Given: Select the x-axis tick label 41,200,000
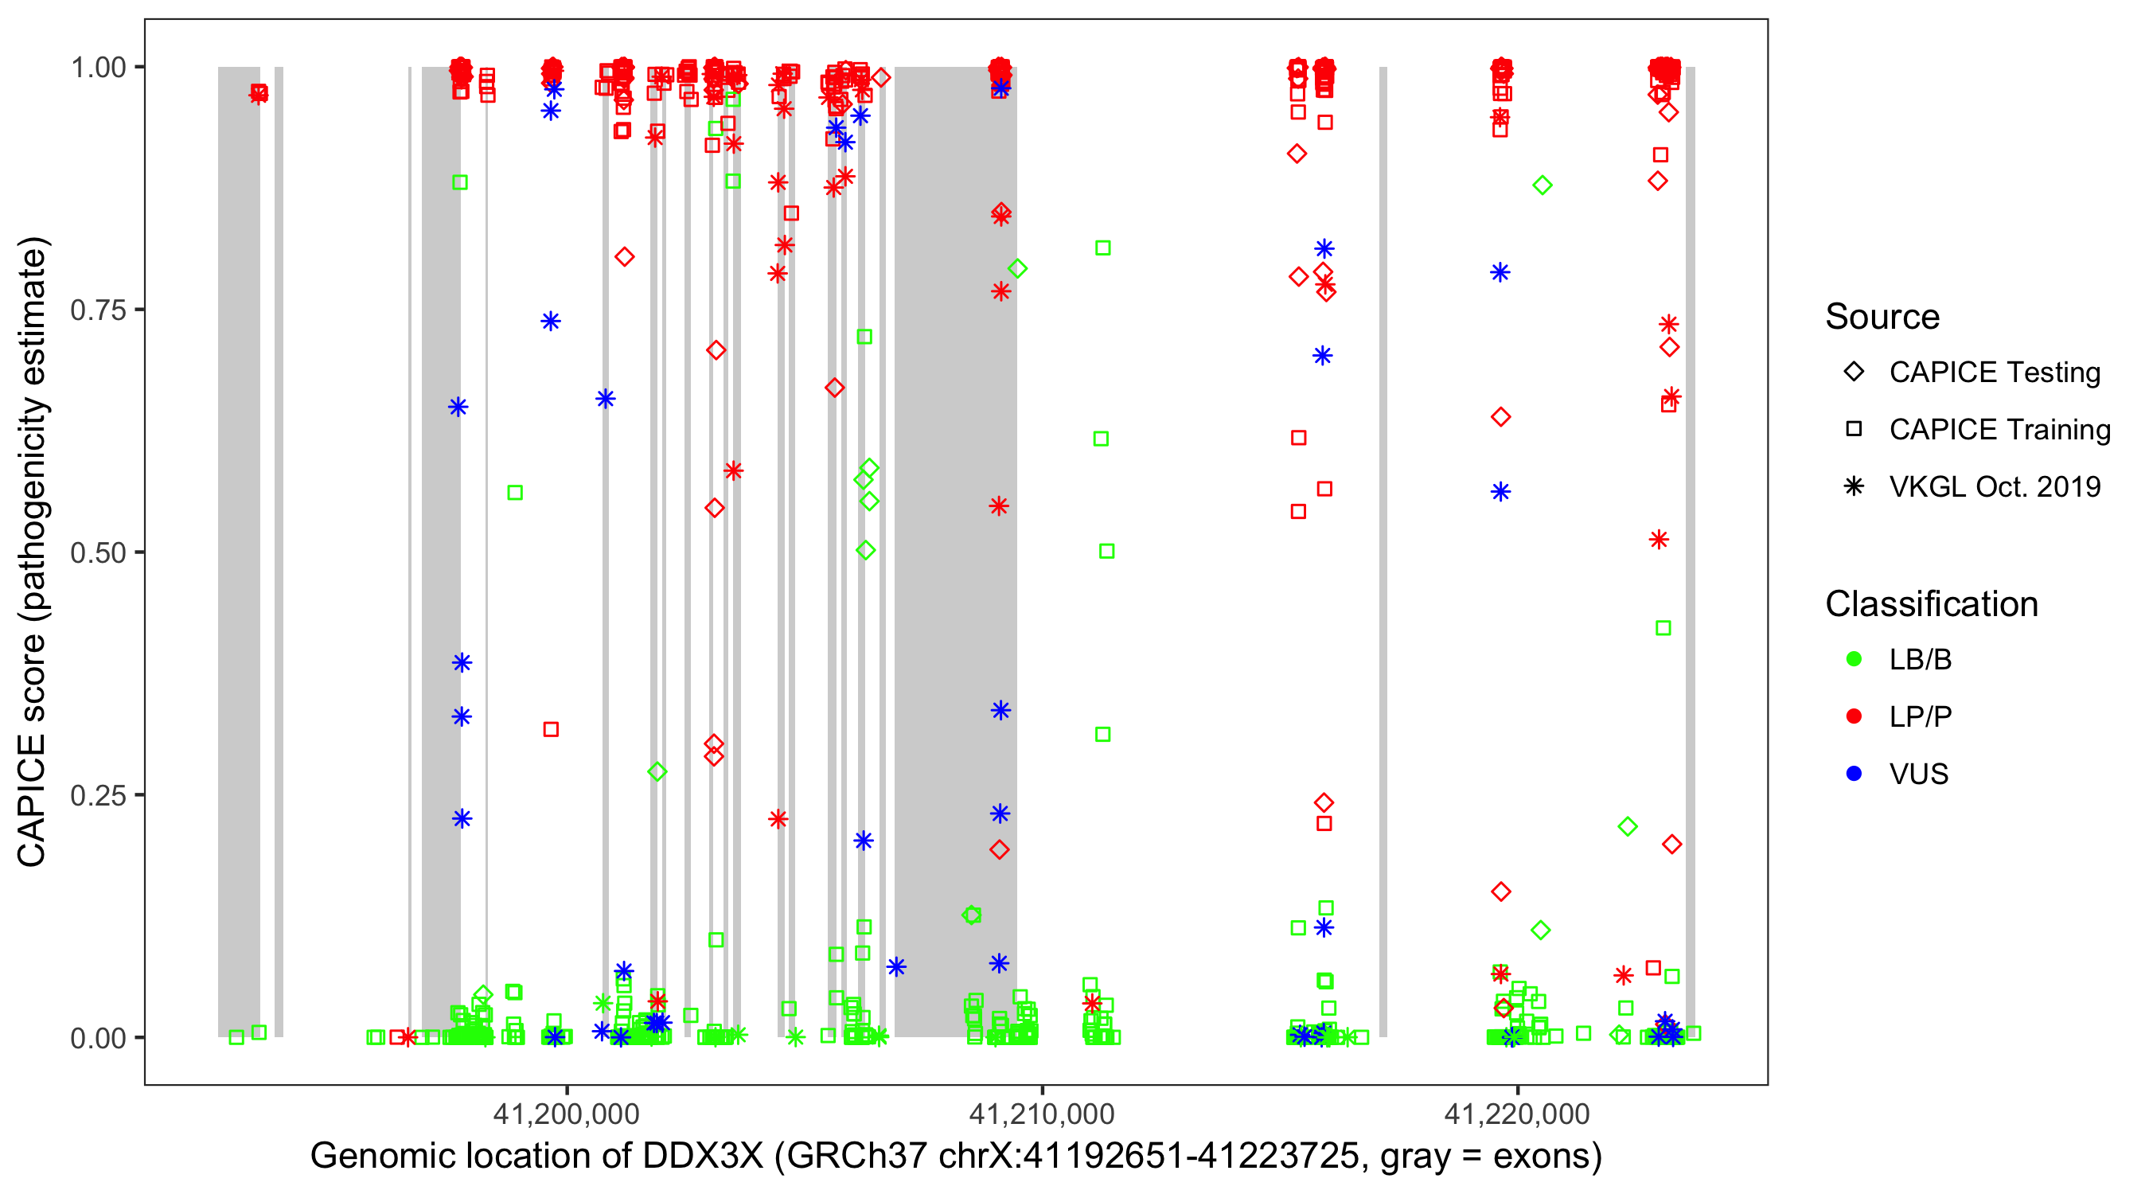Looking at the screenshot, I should (x=567, y=1113).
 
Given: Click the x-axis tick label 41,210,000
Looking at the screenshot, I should (x=1041, y=1113).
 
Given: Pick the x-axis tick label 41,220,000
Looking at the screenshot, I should (x=1517, y=1113).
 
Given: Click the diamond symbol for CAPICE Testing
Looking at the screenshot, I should (x=1854, y=373).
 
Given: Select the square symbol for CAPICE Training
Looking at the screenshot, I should (x=1854, y=429).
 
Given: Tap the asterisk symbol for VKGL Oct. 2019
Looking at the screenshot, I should (x=1854, y=486).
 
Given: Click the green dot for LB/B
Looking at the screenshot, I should (x=1854, y=659).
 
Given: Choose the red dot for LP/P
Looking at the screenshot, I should (x=1854, y=716).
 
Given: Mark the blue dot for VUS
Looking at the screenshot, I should (x=1854, y=774).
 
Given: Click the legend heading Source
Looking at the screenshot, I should (x=1882, y=317).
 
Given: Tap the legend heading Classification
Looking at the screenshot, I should (x=1931, y=604).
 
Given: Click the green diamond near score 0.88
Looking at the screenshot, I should (x=1542, y=185).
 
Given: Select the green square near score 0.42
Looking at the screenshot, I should (x=1663, y=627).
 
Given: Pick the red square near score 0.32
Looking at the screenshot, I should (x=551, y=729).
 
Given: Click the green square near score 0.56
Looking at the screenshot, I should (x=515, y=493).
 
